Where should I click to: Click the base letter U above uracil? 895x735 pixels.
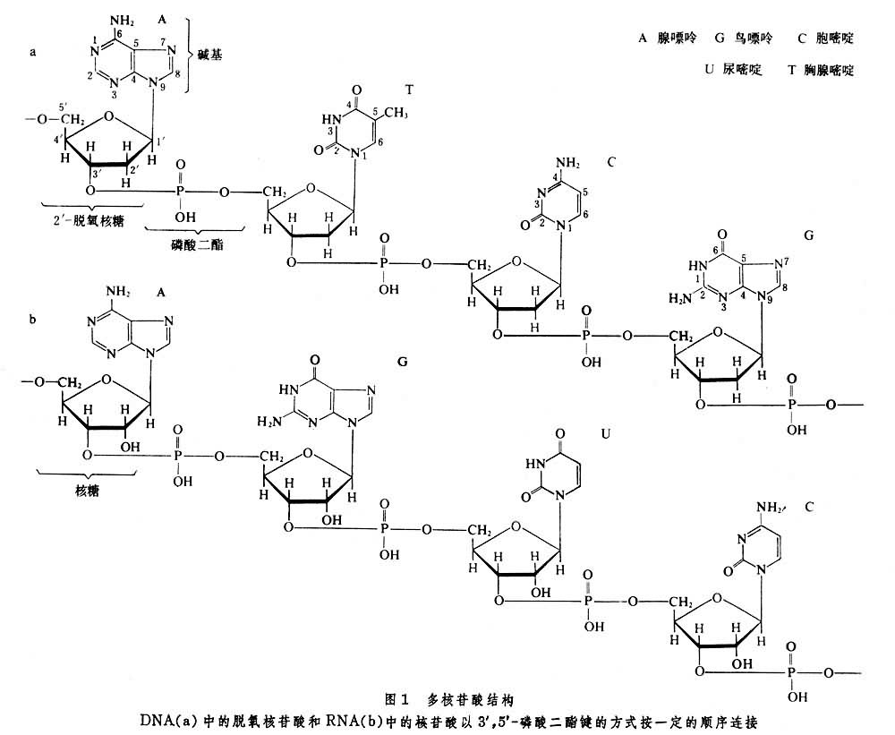coord(605,432)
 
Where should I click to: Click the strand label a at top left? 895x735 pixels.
coord(32,52)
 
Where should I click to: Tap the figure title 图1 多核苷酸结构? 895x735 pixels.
coord(447,696)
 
